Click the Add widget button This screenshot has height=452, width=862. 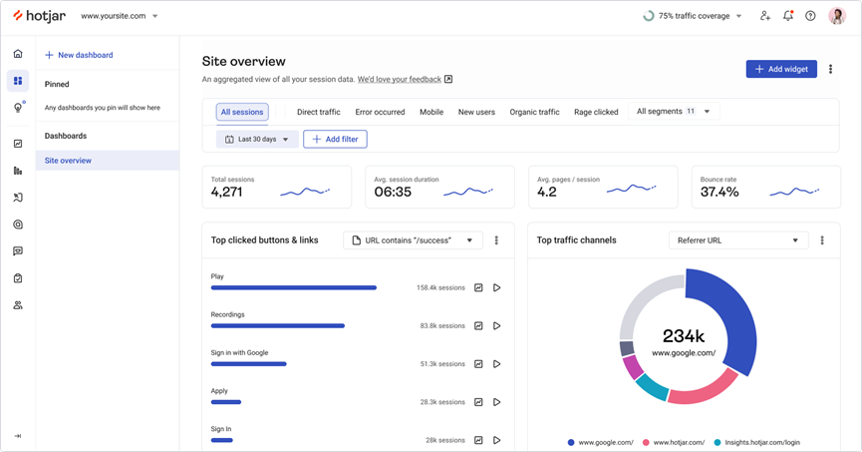tap(780, 69)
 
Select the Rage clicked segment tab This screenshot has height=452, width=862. tap(596, 112)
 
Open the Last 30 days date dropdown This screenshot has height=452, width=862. tap(257, 140)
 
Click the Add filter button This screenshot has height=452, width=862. tap(335, 140)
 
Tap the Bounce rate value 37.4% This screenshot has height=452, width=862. tap(719, 192)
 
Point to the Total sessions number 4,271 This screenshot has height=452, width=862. tap(227, 192)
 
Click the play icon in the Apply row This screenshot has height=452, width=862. tap(496, 402)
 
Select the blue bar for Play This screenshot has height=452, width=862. tap(294, 287)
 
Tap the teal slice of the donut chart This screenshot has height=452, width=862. tap(652, 386)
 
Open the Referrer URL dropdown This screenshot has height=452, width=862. tap(738, 240)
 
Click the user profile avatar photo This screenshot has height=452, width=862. tap(837, 16)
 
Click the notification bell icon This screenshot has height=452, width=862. tap(787, 16)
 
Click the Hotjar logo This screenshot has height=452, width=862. tap(39, 16)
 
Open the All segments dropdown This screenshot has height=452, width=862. tap(674, 112)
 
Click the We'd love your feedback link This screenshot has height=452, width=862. tap(399, 79)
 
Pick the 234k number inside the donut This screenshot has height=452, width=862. tap(684, 336)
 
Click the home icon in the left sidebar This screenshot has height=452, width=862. tap(18, 54)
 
